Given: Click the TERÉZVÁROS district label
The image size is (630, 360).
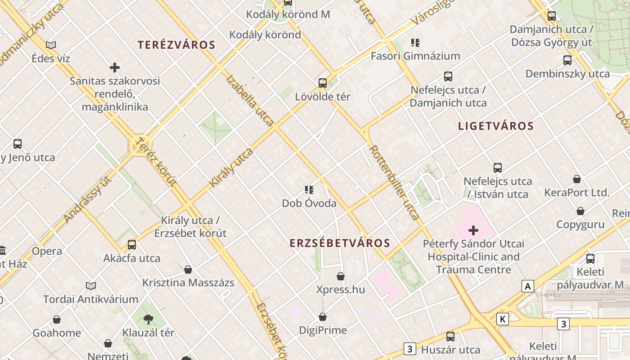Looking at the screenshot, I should pyautogui.click(x=176, y=45).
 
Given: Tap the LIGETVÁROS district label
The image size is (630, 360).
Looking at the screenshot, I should pyautogui.click(x=496, y=126).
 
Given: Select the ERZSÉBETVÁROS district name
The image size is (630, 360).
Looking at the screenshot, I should pyautogui.click(x=340, y=243).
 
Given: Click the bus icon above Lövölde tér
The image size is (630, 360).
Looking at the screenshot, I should pyautogui.click(x=322, y=83).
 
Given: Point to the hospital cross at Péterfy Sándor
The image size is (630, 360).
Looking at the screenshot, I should pyautogui.click(x=473, y=230).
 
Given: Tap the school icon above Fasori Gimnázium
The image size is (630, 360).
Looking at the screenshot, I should pyautogui.click(x=415, y=43).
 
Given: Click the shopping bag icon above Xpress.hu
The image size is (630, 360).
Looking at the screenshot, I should pyautogui.click(x=341, y=276).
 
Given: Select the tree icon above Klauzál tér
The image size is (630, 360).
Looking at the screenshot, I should pyautogui.click(x=148, y=319).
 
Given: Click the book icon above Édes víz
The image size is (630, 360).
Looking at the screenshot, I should pyautogui.click(x=51, y=45).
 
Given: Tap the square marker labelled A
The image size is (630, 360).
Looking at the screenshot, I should pyautogui.click(x=527, y=286).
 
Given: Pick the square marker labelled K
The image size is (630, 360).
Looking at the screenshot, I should pyautogui.click(x=502, y=319).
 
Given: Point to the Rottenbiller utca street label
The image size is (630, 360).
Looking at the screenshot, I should pyautogui.click(x=394, y=182).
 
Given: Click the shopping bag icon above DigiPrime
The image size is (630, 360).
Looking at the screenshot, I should pyautogui.click(x=323, y=317).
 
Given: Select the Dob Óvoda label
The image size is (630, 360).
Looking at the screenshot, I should pyautogui.click(x=309, y=203).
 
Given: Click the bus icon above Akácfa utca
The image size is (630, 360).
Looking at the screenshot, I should pyautogui.click(x=132, y=245).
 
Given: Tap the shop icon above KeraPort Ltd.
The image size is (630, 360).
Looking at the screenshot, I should pyautogui.click(x=576, y=180).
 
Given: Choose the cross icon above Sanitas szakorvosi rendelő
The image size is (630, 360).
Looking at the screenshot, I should pyautogui.click(x=115, y=67).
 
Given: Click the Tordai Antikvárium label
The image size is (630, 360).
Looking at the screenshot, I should pyautogui.click(x=91, y=299).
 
